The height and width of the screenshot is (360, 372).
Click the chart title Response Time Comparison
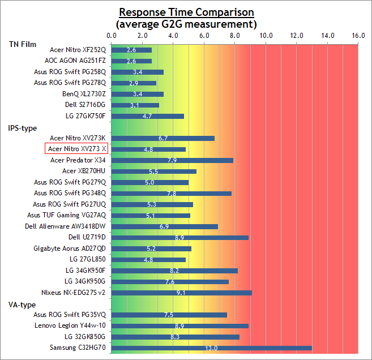[186, 12]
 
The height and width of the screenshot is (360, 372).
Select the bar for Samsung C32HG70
[212, 348]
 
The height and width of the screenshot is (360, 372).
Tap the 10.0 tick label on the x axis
[266, 36]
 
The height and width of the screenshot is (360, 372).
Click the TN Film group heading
[23, 44]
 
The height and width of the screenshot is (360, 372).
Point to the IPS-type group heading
[23, 128]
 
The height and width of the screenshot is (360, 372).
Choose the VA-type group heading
[22, 305]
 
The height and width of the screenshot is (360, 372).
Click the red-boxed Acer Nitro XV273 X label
[76, 149]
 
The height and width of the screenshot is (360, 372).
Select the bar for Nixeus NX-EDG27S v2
[182, 293]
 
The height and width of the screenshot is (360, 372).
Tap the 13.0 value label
[211, 348]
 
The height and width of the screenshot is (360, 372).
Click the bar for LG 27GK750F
[148, 116]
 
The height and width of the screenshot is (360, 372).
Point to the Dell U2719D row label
[87, 237]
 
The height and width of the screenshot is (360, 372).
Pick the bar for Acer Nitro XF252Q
[131, 50]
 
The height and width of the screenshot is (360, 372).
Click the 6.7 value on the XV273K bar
[163, 138]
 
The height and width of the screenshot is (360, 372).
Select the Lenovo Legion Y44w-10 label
[70, 325]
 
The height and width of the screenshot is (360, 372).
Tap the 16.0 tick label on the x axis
[358, 36]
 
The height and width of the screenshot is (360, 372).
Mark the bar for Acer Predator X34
[172, 161]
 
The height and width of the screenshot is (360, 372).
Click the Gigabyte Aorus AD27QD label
[70, 248]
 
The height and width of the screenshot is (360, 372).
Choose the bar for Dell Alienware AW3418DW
[165, 227]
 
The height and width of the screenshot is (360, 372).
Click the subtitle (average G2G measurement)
[186, 24]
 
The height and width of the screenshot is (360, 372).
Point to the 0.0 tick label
[112, 36]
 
